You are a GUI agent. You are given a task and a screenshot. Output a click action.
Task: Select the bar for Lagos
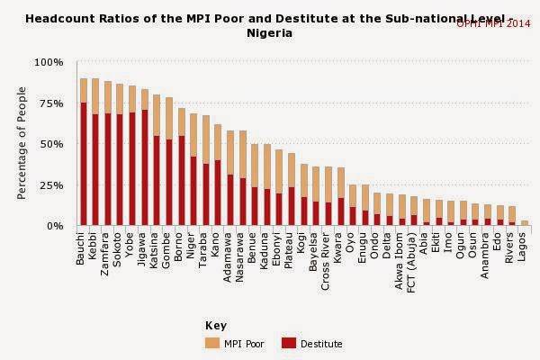525,222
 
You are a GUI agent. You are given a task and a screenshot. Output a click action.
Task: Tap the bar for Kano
218,175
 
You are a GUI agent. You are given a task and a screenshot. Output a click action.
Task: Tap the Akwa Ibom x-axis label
401,256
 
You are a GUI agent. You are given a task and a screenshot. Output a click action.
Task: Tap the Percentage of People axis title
22,144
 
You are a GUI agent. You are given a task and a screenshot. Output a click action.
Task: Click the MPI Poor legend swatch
212,343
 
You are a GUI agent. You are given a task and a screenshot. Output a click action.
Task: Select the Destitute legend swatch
289,343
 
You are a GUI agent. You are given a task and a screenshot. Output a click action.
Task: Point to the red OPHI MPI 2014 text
493,24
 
